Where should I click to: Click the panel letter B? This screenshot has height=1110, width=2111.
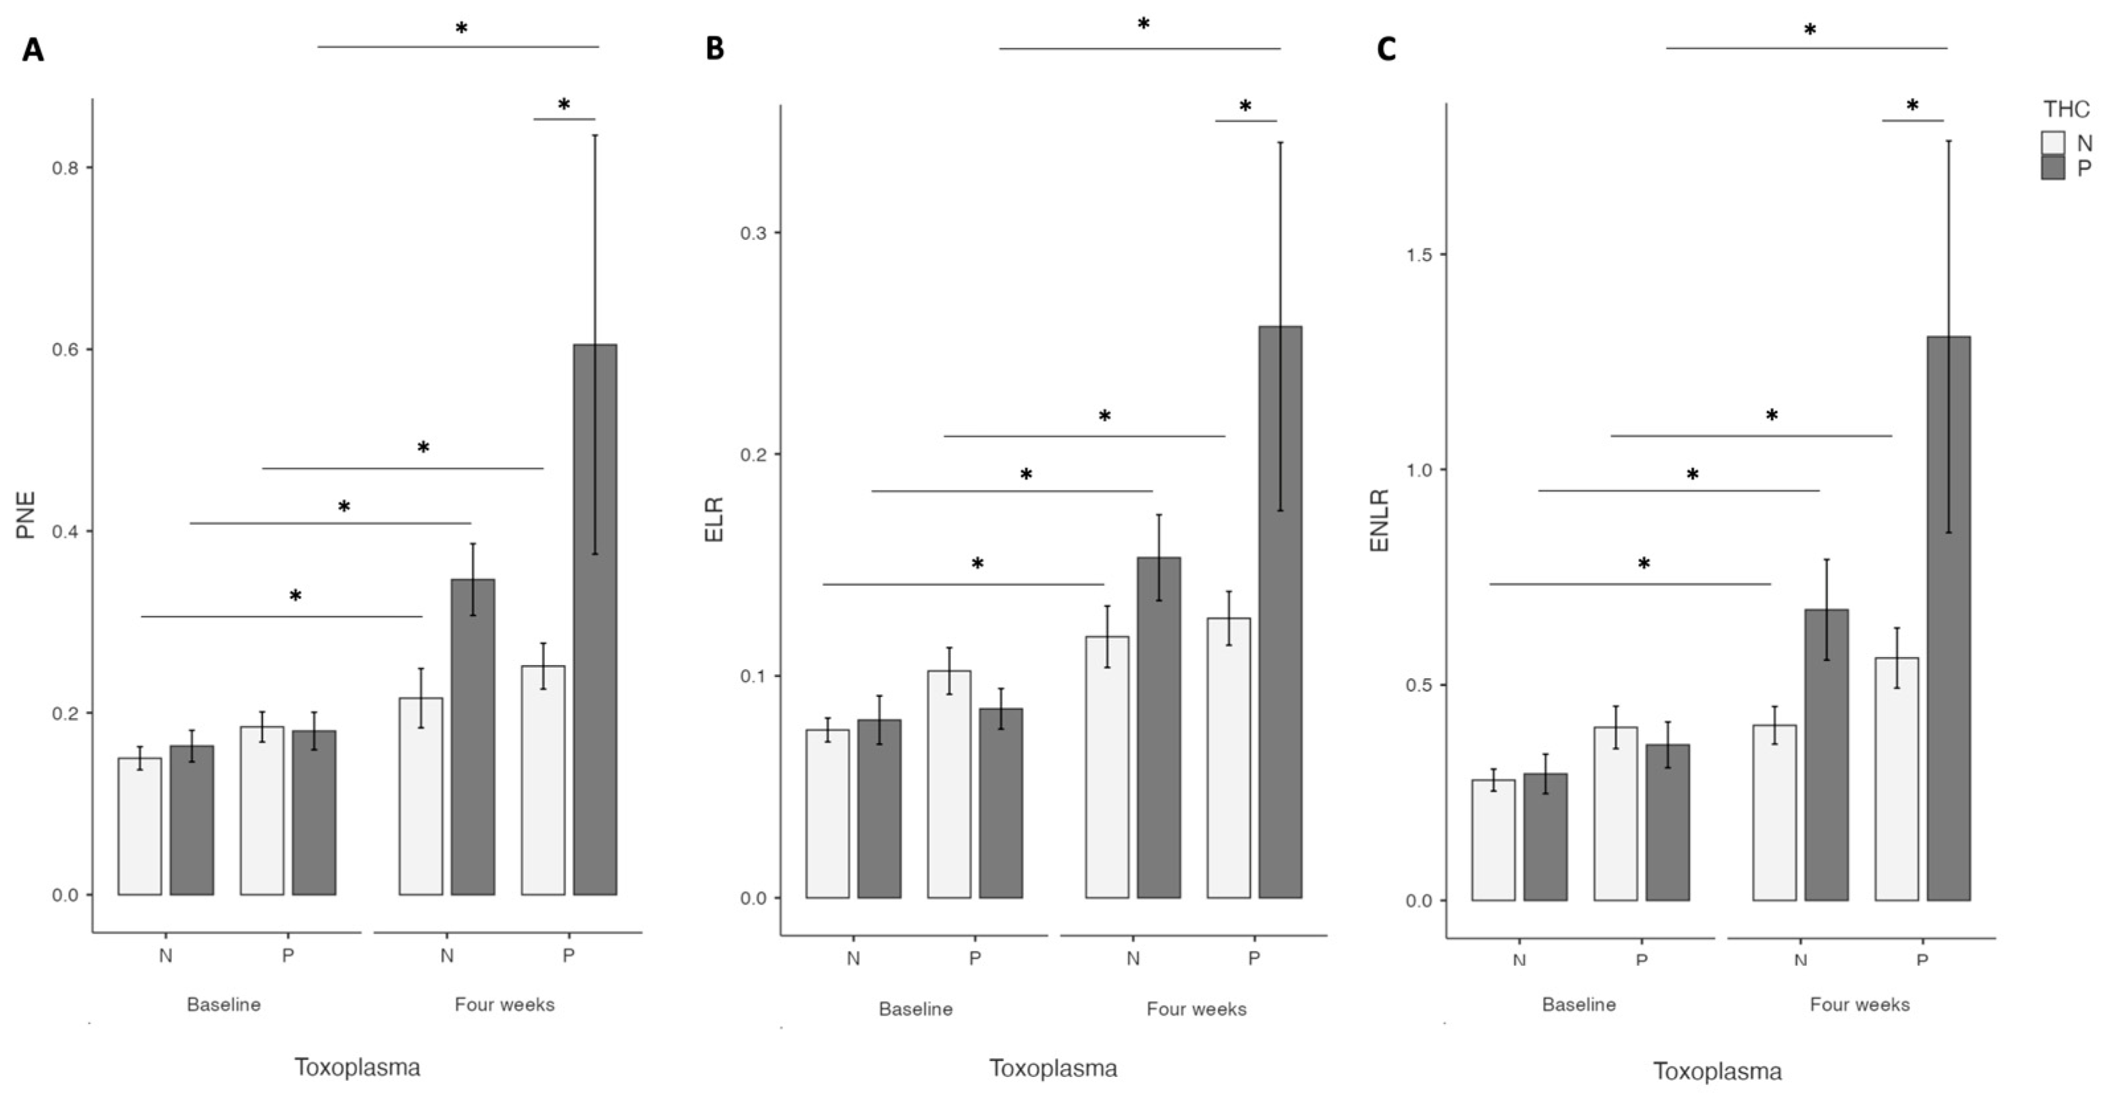pos(715,49)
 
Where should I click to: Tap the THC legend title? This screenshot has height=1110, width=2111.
pos(2066,109)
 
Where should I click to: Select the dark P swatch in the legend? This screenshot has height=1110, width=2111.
pos(2053,168)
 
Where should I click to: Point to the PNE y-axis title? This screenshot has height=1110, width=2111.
pos(26,514)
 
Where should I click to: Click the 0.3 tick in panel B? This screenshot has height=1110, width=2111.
pos(753,233)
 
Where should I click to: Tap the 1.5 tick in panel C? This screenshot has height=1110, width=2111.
pos(1419,255)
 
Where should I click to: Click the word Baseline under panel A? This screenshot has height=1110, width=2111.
pos(224,1004)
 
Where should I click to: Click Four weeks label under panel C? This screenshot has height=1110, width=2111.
pos(1860,1004)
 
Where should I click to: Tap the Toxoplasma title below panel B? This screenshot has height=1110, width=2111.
pos(1053,1068)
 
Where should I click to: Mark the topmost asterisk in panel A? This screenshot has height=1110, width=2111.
pos(462,28)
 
